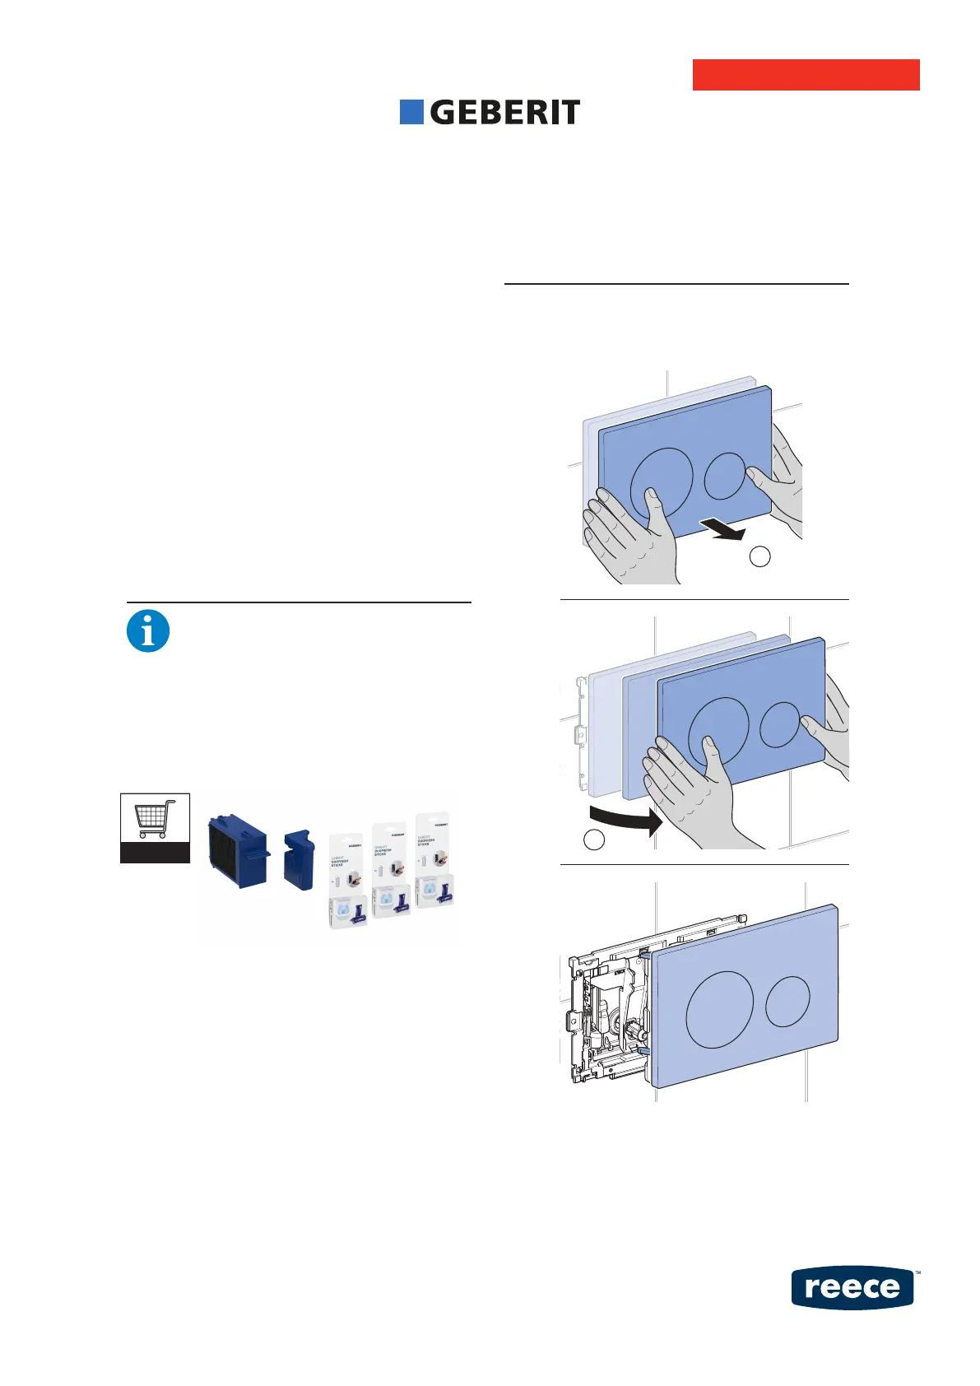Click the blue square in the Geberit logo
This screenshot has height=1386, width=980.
click(x=411, y=112)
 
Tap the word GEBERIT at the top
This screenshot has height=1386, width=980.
click(x=504, y=113)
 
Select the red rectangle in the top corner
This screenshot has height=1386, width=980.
click(x=806, y=75)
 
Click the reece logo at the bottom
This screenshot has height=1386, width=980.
click(x=852, y=1287)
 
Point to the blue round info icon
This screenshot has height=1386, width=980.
click(x=148, y=632)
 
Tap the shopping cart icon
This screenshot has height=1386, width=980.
click(x=156, y=818)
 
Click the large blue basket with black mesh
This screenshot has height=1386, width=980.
click(x=238, y=851)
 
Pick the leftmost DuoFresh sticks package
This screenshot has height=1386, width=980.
click(x=347, y=881)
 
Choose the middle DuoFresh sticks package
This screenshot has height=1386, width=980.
click(x=390, y=869)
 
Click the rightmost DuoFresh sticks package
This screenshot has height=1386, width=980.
click(x=434, y=860)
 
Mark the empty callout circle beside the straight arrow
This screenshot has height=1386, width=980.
click(x=760, y=556)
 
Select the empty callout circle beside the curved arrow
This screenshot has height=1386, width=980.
click(x=594, y=840)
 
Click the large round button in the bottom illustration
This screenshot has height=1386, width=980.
click(x=719, y=1009)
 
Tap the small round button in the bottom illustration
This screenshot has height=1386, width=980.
click(x=788, y=1001)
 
